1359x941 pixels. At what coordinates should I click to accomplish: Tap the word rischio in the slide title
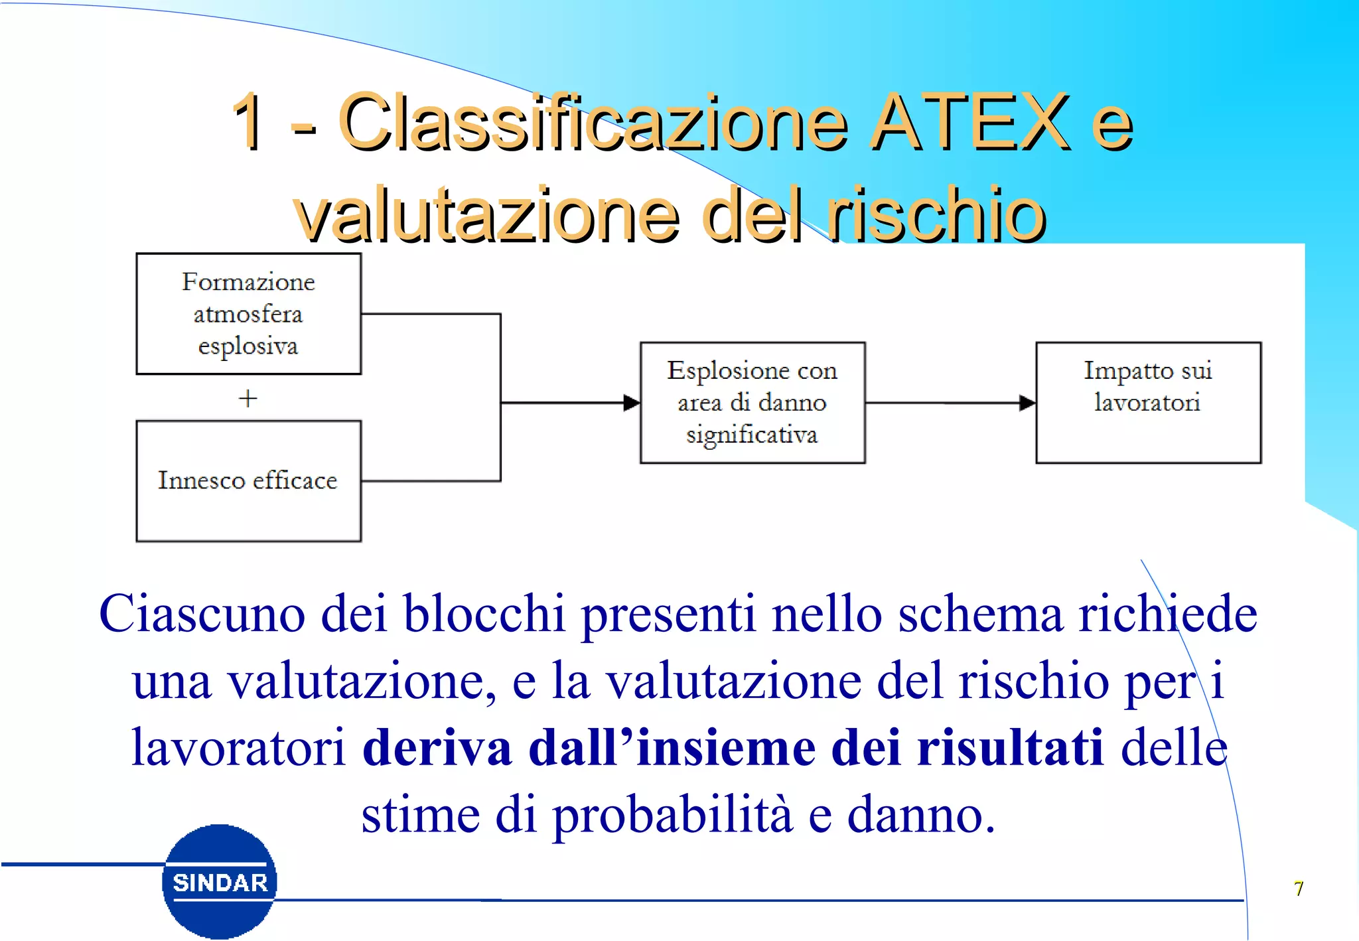tap(935, 215)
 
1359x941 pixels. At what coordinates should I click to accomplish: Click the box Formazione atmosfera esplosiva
tap(248, 313)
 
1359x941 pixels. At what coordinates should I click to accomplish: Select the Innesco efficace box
tap(248, 480)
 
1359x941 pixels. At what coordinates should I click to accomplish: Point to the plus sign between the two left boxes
tap(248, 398)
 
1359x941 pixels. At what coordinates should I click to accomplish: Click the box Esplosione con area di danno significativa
tap(752, 402)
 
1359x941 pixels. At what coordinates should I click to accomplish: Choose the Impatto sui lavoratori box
tap(1147, 402)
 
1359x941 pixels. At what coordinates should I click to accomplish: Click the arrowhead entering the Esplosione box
tap(631, 402)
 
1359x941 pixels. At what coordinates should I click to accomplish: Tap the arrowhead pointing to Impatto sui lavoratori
tap(1027, 402)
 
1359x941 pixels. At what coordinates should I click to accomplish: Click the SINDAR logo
tap(220, 882)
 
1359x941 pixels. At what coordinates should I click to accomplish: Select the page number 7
tap(1298, 889)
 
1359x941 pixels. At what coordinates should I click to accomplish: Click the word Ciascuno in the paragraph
tap(202, 613)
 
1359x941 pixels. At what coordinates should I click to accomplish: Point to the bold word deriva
tap(437, 748)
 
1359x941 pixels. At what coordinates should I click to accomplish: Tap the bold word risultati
tap(1010, 748)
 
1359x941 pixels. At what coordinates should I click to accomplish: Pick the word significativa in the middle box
tap(752, 435)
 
